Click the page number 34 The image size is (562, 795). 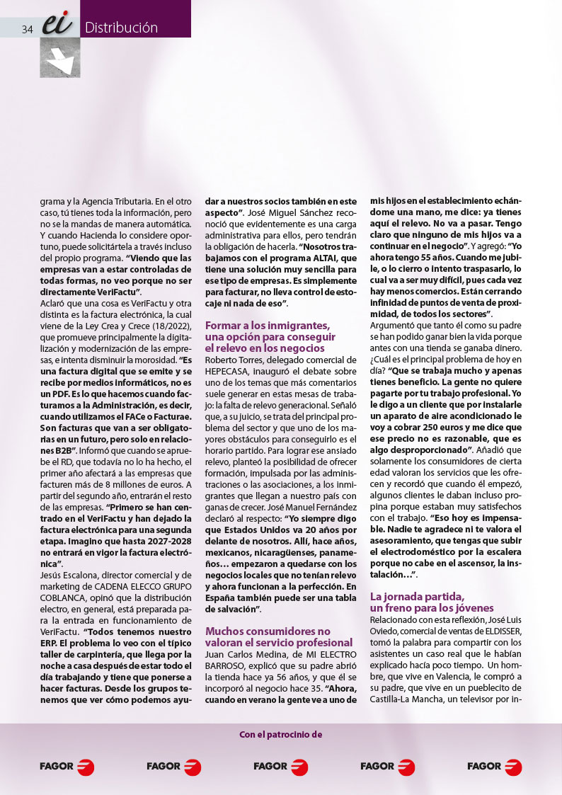pos(28,29)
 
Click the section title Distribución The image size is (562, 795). pos(121,28)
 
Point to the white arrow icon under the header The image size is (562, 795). pos(60,58)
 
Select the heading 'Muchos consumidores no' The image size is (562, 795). pos(268,631)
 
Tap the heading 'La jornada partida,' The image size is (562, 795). pos(417,597)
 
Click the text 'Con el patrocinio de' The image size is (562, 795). pos(281,734)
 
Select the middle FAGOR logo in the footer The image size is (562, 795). pos(280,766)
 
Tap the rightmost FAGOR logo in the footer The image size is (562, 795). pos(494,766)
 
